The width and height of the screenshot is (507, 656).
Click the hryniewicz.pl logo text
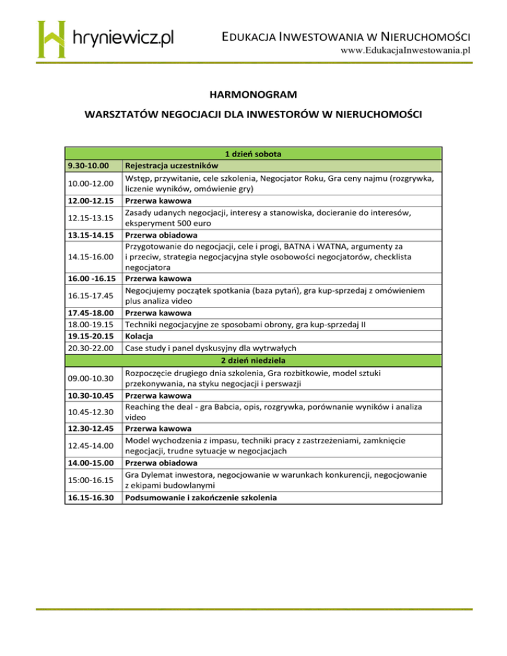pos(121,38)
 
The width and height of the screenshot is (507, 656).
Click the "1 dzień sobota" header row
pos(253,154)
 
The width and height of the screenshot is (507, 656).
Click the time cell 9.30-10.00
pos(88,165)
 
